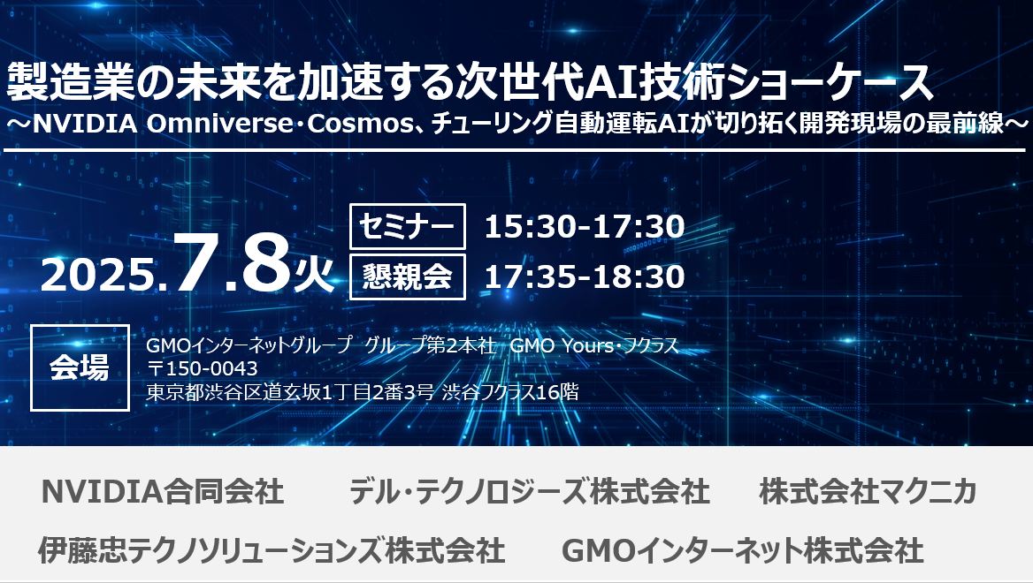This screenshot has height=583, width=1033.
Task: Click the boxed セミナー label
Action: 407,226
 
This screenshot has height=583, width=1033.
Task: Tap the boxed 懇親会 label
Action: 407,276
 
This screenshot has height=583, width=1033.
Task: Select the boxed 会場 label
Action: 80,367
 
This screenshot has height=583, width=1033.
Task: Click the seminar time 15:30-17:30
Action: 585,226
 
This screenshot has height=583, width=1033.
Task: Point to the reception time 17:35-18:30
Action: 585,276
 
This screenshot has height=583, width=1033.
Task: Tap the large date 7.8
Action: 231,261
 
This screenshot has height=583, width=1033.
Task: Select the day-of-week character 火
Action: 314,272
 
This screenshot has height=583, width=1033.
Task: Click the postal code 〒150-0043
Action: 203,368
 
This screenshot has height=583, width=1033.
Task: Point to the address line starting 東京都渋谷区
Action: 363,392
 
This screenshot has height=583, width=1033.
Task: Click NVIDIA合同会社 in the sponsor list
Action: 162,491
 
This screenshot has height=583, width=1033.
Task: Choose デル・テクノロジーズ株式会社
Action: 529,491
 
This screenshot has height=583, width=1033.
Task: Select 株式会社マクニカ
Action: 868,491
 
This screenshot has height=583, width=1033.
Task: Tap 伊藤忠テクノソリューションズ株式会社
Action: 272,550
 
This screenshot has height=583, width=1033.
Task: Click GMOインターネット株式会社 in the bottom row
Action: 743,550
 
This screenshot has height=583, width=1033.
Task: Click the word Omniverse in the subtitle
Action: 218,124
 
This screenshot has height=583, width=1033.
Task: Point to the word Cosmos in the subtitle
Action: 360,124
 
